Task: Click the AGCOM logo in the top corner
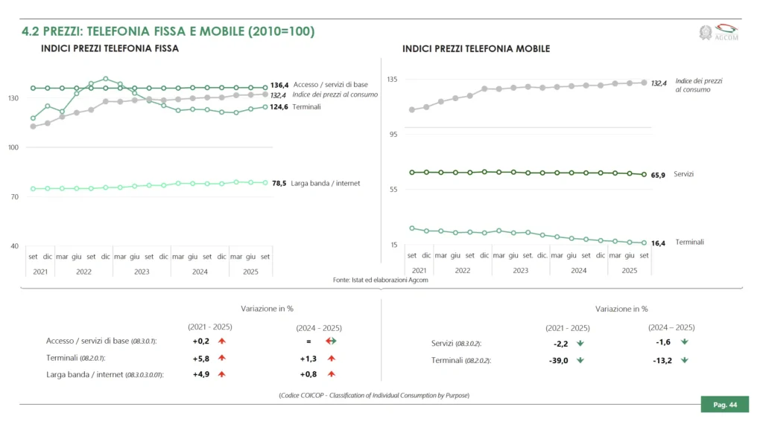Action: click(719, 33)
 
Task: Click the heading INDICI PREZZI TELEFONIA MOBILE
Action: click(476, 49)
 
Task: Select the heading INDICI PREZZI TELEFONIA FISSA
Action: click(110, 49)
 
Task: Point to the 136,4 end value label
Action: click(279, 86)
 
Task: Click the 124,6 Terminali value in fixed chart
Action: click(279, 106)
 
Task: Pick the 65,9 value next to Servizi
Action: click(658, 175)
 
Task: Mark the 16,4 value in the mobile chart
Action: click(658, 243)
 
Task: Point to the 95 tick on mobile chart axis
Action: click(393, 134)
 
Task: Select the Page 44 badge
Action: click(724, 405)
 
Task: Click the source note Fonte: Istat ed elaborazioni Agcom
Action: click(380, 280)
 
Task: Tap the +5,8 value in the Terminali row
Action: click(201, 358)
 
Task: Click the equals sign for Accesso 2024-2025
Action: click(307, 341)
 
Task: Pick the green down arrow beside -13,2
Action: click(684, 360)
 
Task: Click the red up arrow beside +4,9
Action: click(221, 373)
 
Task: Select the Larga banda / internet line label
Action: click(327, 182)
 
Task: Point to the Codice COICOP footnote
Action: click(374, 395)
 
